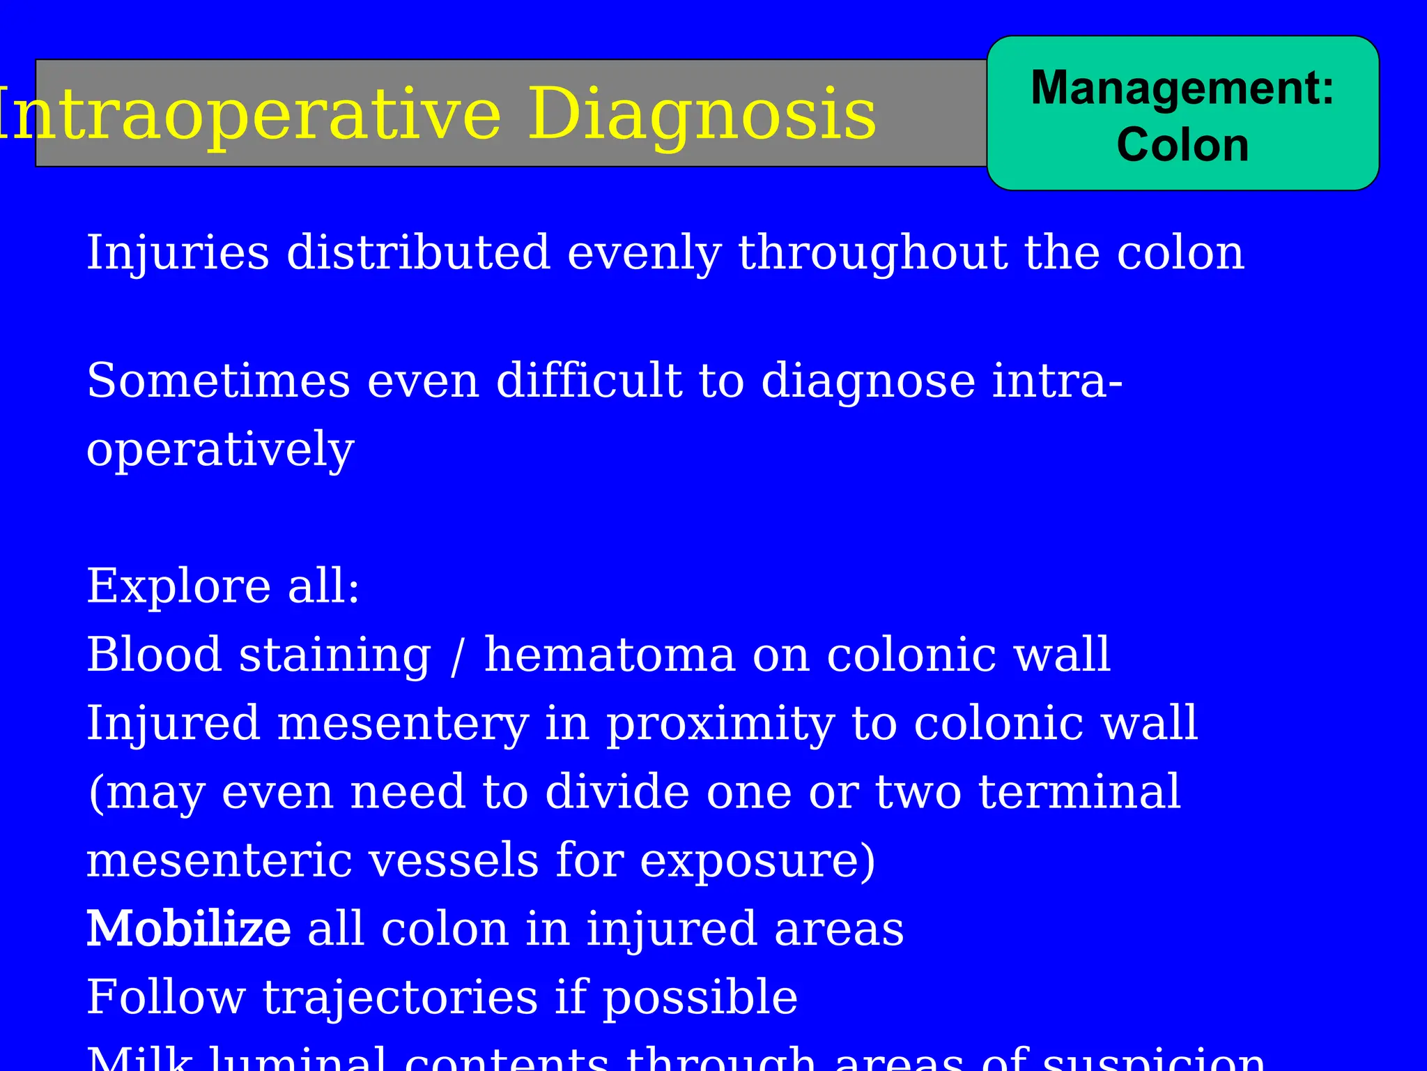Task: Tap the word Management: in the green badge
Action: [1182, 88]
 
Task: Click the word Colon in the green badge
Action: [1182, 145]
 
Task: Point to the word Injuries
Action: [178, 252]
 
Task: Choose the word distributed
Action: [419, 252]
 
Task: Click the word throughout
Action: [873, 252]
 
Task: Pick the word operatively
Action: [220, 450]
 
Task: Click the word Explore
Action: [178, 586]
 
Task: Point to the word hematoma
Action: [610, 655]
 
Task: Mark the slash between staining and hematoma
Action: [456, 656]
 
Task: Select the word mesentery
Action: [403, 724]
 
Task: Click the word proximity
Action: [720, 724]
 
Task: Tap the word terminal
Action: [1079, 791]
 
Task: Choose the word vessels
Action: [454, 860]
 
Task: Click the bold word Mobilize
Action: [188, 929]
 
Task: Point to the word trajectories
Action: [400, 998]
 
